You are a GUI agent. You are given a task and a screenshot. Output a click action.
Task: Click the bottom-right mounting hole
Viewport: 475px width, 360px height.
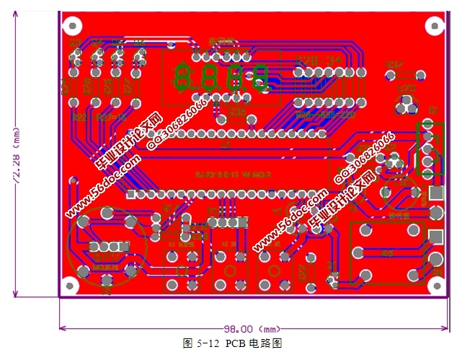[x=436, y=285]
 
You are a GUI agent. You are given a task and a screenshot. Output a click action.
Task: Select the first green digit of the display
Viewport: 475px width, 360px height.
[x=183, y=76]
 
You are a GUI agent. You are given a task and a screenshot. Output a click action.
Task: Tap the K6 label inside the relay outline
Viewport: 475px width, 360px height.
[x=388, y=253]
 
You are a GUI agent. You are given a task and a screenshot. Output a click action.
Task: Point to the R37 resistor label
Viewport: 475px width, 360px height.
[x=394, y=66]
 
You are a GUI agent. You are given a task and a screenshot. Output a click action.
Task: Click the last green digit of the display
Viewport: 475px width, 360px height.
[x=260, y=76]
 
